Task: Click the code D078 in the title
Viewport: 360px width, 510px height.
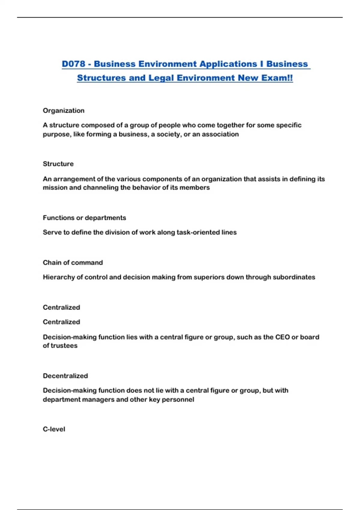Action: (x=73, y=64)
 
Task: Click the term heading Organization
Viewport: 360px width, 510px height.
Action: (x=64, y=110)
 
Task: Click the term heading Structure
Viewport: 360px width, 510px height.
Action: (x=58, y=164)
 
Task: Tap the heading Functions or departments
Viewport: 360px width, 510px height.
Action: (x=84, y=217)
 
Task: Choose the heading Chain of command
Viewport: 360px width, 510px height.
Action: (x=73, y=262)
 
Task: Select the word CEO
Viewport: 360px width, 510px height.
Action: (x=282, y=337)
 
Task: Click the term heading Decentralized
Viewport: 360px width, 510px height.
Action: (x=65, y=376)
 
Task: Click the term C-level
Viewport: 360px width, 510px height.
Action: (x=54, y=429)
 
